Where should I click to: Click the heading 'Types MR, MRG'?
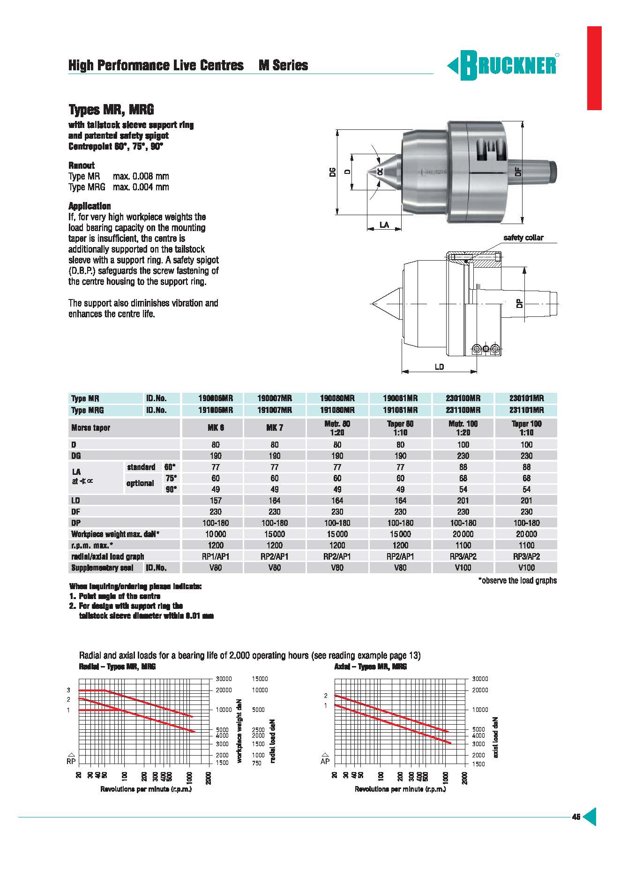[x=111, y=110]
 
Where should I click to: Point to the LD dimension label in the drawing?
[x=439, y=367]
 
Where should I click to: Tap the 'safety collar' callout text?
[x=523, y=238]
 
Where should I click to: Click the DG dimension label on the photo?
[x=333, y=172]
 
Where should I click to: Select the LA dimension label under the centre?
[x=384, y=225]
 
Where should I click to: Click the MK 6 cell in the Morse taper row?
[x=216, y=428]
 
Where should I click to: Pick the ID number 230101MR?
[x=526, y=398]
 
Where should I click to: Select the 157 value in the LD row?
[x=216, y=501]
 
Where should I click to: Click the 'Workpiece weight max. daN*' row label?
[x=115, y=534]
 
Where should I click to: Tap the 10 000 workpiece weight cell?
[x=216, y=534]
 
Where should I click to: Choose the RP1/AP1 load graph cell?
[x=216, y=556]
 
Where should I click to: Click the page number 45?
[x=576, y=817]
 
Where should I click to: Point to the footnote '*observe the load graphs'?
[x=517, y=580]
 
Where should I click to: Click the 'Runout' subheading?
[x=82, y=165]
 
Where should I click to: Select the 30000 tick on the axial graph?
[x=480, y=679]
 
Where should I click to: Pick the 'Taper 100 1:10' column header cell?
[x=526, y=428]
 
